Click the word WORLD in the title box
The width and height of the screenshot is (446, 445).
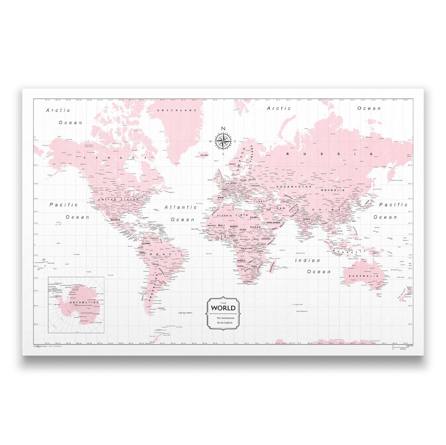tap(223, 308)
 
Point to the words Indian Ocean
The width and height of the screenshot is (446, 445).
tap(308, 266)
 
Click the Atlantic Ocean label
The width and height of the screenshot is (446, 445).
tap(181, 213)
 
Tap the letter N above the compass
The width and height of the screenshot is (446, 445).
tap(223, 129)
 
